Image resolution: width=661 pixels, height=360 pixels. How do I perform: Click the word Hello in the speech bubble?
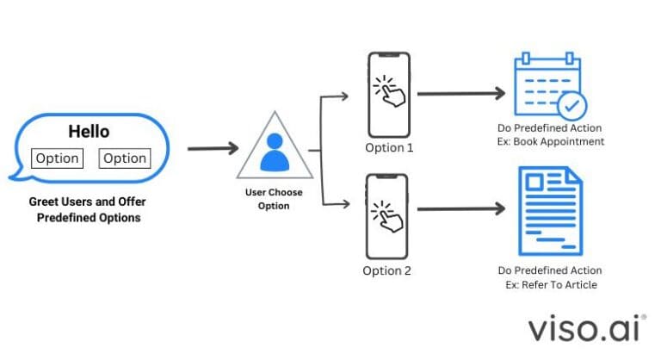pyautogui.click(x=89, y=132)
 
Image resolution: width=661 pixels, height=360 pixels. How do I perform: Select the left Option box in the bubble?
pyautogui.click(x=57, y=158)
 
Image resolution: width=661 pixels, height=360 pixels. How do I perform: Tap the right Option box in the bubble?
pyautogui.click(x=125, y=158)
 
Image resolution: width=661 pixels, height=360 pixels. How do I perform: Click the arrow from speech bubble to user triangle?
pyautogui.click(x=212, y=148)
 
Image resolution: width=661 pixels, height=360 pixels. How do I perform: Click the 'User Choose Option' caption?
pyautogui.click(x=275, y=200)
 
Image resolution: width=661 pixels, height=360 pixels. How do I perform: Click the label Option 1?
pyautogui.click(x=389, y=147)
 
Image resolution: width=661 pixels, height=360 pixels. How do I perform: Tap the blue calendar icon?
pyautogui.click(x=548, y=86)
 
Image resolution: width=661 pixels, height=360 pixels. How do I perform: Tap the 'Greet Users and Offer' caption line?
pyautogui.click(x=89, y=203)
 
